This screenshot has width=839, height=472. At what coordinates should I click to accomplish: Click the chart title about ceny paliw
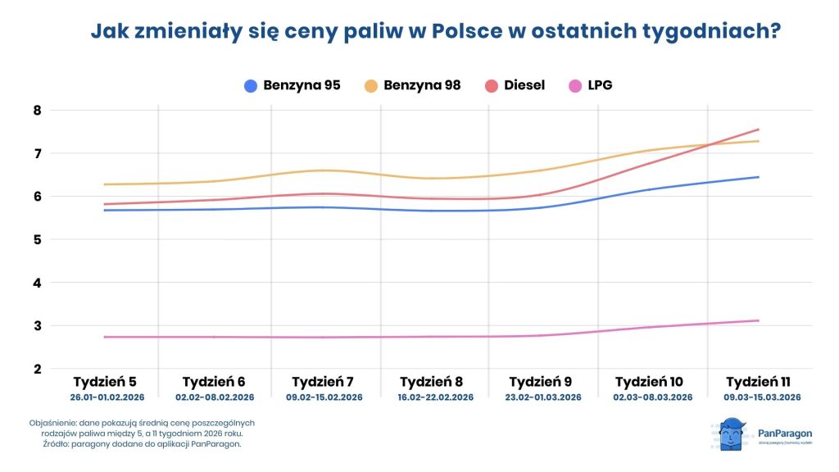[x=434, y=32]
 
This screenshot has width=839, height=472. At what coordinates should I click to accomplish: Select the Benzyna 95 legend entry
[x=293, y=85]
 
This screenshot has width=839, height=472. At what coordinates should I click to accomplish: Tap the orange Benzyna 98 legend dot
[x=371, y=85]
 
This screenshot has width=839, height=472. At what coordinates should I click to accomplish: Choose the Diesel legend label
[x=524, y=85]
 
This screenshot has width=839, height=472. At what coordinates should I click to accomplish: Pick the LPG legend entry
[x=599, y=85]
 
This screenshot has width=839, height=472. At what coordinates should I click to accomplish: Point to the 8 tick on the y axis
[x=37, y=111]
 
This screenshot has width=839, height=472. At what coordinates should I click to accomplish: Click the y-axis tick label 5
[x=37, y=240]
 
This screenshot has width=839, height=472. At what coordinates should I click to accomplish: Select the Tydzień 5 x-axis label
[x=104, y=382]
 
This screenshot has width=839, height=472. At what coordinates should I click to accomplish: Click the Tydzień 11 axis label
[x=758, y=382]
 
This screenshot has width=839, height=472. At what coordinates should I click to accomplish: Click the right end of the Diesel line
[x=759, y=129]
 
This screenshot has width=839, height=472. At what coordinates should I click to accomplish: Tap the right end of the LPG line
[x=759, y=320]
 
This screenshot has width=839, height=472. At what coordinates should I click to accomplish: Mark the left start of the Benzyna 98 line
[x=105, y=184]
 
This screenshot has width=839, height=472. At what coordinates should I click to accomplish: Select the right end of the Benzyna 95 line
[x=759, y=177]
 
